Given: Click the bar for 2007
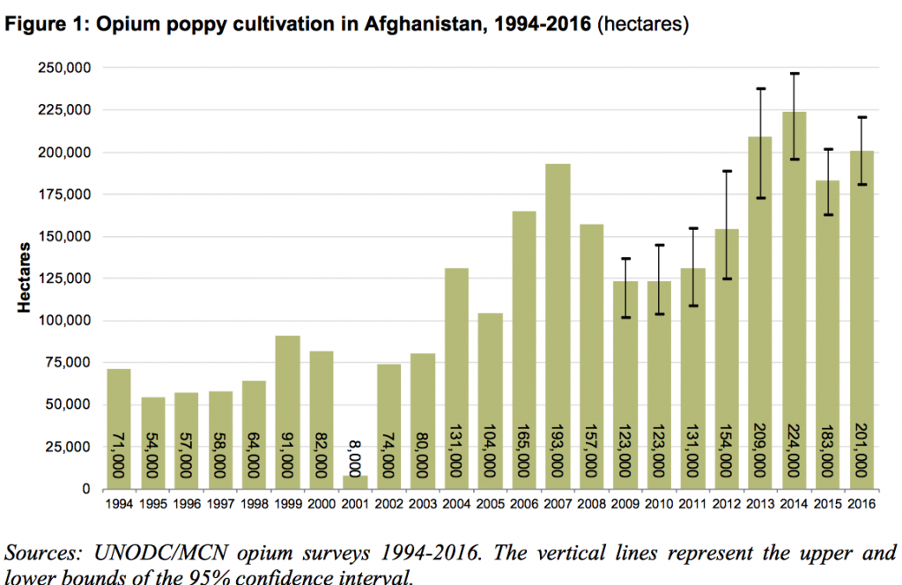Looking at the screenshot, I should [558, 326].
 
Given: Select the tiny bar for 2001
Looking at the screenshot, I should [355, 482].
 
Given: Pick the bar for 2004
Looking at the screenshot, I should [456, 378].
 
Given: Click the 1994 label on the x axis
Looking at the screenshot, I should [118, 506].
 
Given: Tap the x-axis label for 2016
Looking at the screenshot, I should [861, 506].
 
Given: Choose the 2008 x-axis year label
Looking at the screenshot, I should [591, 506].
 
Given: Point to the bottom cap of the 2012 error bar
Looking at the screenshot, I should [727, 279].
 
